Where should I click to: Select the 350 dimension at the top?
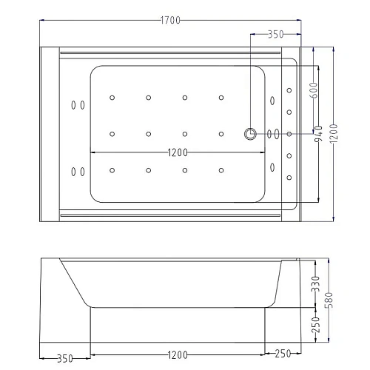pos(275,34)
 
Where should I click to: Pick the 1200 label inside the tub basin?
pos(177,153)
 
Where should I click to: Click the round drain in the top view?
pos(250,134)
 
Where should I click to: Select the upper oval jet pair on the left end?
pos(75,104)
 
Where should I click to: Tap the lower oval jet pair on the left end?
pos(75,172)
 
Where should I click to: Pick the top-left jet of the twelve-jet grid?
pos(112,97)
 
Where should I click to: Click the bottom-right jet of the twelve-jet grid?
pos(221,171)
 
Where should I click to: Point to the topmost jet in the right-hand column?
pos(288,90)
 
